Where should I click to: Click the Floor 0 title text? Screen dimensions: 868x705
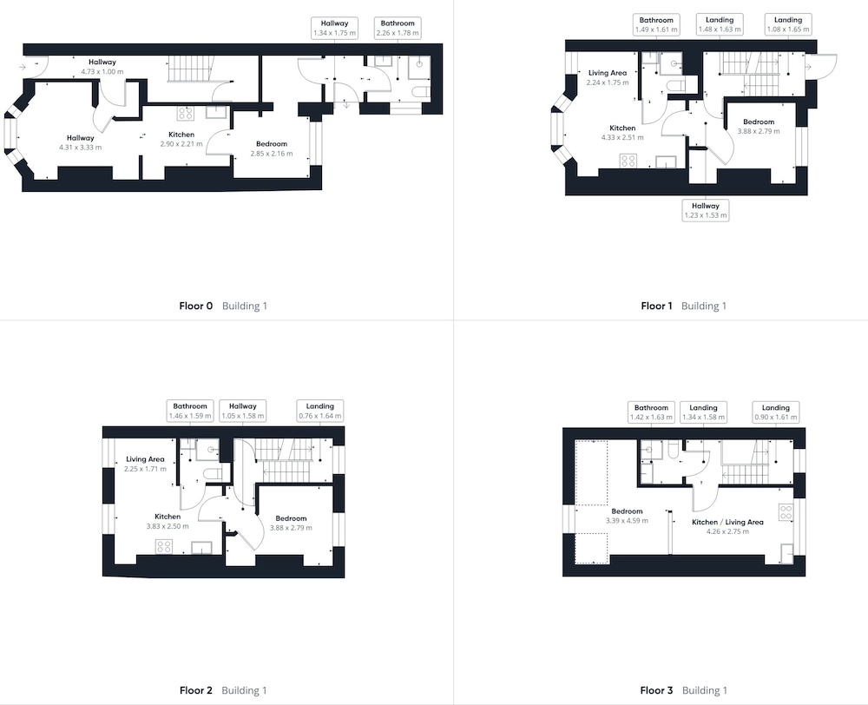[x=196, y=306]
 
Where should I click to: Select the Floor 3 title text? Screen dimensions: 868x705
[x=656, y=690]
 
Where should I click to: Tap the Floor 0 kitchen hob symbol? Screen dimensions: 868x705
[x=186, y=114]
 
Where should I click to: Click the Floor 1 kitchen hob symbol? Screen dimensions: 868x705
[x=628, y=161]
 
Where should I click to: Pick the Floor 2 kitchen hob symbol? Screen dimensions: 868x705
[x=164, y=547]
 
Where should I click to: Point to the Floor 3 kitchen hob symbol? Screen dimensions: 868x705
[x=786, y=512]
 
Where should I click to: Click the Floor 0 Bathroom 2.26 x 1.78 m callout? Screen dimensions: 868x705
[x=398, y=29]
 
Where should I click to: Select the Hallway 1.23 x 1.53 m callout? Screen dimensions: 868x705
[x=705, y=210]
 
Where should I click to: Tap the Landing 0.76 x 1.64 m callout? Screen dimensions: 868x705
[x=320, y=411]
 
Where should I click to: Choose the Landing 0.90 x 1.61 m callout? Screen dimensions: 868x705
[x=775, y=412]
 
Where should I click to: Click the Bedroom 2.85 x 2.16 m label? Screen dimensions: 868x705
[x=271, y=148]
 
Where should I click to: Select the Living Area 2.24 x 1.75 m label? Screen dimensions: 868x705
[x=608, y=77]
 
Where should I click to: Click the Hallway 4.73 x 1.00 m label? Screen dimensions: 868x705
[x=102, y=67]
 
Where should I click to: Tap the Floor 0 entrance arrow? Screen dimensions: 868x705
[x=22, y=67]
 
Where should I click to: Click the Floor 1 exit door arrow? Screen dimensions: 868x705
[x=808, y=67]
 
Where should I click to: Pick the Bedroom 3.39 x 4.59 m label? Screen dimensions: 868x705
[x=627, y=516]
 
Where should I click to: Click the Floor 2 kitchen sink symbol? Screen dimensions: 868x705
[x=201, y=548]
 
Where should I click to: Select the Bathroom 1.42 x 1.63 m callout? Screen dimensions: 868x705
[x=651, y=412]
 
